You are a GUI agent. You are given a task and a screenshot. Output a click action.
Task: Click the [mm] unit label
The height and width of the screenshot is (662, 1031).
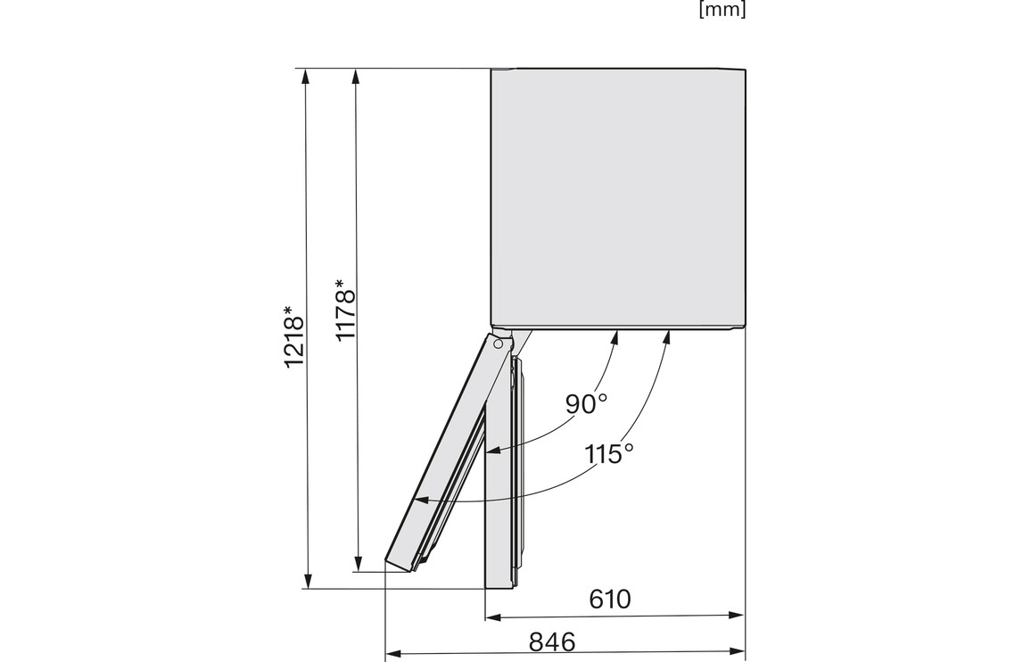722,11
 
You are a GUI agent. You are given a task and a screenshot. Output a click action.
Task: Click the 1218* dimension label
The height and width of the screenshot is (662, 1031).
294,336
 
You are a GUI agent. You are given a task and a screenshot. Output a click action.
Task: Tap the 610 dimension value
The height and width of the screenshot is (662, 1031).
609,600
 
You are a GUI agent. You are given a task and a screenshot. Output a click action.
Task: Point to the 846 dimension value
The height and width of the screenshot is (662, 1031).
552,641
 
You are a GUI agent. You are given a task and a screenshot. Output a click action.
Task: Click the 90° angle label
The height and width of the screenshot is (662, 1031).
586,404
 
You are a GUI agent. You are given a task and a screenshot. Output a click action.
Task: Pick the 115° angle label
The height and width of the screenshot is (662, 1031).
609,453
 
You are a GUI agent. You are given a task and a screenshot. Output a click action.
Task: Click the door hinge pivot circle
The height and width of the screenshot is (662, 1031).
499,343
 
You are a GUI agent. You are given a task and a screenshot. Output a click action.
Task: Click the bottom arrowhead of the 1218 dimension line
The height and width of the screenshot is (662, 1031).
307,582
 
